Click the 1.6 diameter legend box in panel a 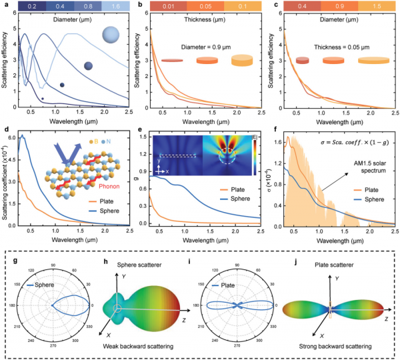[x=115, y=7]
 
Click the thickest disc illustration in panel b [x=245, y=61]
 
